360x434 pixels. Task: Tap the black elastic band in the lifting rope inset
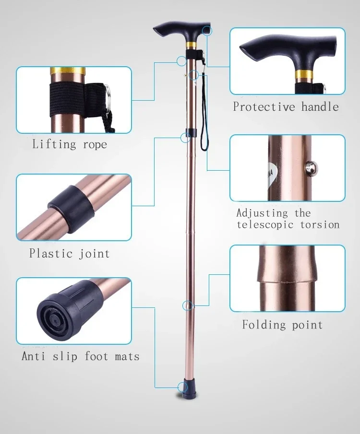coord(70,101)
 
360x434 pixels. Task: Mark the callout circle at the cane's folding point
coord(188,305)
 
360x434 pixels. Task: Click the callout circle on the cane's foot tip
coord(183,387)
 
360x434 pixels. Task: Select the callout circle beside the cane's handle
coord(207,31)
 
